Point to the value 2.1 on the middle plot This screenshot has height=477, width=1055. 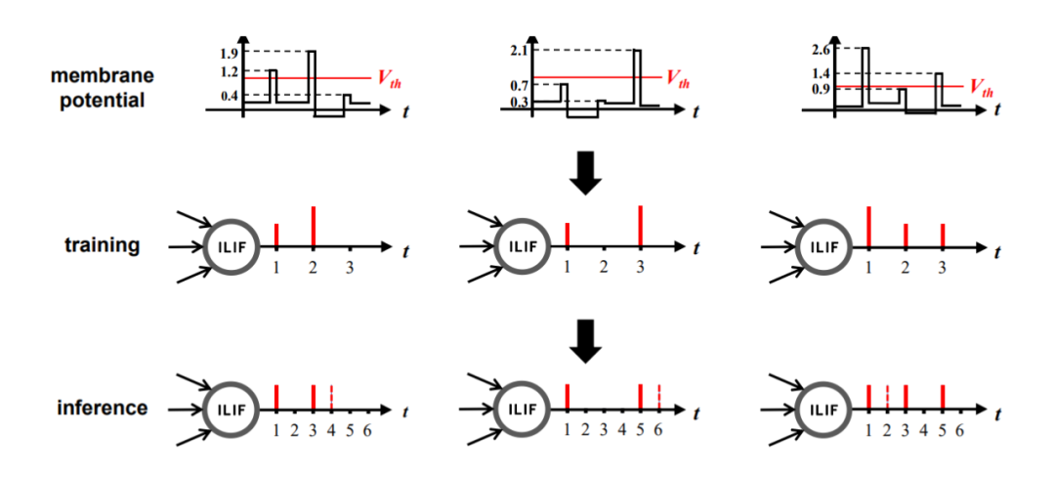click(x=518, y=51)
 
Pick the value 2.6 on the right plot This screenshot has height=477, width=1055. click(x=820, y=49)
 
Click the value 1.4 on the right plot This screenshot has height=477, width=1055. click(x=820, y=73)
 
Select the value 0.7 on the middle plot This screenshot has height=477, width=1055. click(x=518, y=86)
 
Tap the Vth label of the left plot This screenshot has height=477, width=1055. click(x=388, y=78)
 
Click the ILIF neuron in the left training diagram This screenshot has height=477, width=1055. click(x=231, y=247)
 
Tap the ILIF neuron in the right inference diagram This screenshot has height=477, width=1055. click(x=823, y=409)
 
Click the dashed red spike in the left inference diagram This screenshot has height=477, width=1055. click(x=332, y=397)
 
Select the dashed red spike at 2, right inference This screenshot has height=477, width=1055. click(x=887, y=397)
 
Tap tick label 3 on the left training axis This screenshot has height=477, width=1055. click(x=350, y=268)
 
